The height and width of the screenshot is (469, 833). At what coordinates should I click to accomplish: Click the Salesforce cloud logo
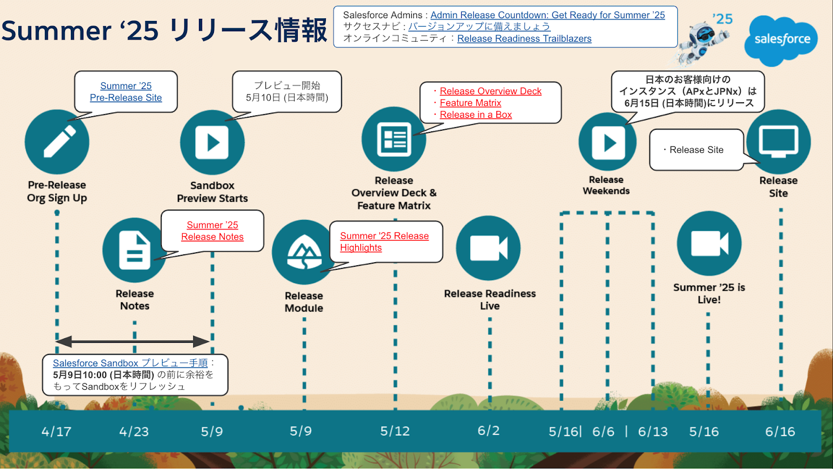[x=781, y=40]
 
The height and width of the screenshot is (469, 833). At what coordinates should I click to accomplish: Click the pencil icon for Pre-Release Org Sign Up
[x=57, y=142]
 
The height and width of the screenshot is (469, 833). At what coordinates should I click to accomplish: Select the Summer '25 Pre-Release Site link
[x=126, y=92]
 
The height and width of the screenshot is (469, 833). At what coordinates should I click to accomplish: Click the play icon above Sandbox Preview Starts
[x=212, y=142]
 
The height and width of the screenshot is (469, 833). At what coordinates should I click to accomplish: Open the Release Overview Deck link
[x=490, y=91]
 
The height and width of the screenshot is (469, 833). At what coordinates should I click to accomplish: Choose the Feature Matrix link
[x=470, y=103]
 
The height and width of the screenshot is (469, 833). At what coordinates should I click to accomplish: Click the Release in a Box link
[x=475, y=115]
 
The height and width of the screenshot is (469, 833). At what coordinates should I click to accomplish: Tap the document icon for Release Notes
[x=134, y=250]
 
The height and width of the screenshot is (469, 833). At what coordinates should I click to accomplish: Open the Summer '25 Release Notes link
[x=212, y=231]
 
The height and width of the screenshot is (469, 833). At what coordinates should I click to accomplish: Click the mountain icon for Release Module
[x=304, y=252]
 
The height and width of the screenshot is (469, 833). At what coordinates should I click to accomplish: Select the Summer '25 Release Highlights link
[x=384, y=242]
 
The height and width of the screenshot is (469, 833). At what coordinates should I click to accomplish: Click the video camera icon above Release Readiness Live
[x=488, y=248]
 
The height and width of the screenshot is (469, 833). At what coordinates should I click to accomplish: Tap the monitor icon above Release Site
[x=778, y=141]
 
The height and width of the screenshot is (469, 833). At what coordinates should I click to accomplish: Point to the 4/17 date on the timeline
[x=56, y=431]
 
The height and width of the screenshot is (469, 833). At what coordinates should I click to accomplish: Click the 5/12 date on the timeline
[x=395, y=431]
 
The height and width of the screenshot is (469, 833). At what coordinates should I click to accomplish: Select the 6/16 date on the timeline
[x=780, y=431]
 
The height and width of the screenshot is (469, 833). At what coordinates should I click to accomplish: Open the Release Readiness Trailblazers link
[x=524, y=39]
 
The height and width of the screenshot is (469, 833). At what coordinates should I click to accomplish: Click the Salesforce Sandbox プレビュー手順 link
[x=130, y=363]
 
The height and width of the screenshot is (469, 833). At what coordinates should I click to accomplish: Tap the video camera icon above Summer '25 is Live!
[x=709, y=243]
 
